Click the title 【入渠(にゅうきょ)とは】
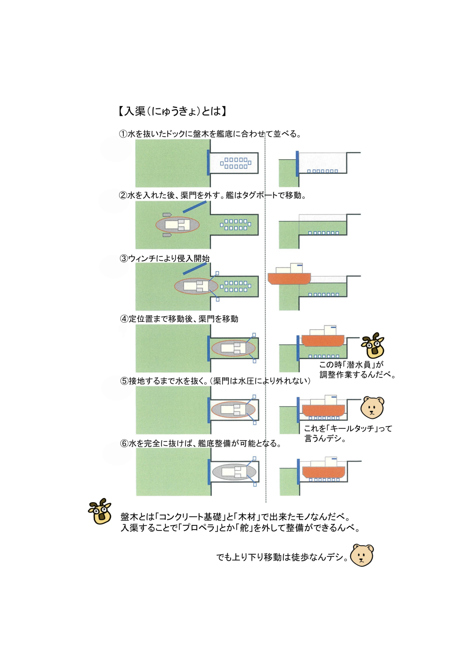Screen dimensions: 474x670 pyautogui.click(x=172, y=111)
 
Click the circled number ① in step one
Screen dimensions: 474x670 pyautogui.click(x=123, y=134)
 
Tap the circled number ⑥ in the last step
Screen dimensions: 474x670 pyautogui.click(x=124, y=443)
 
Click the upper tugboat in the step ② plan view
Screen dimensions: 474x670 pyautogui.click(x=167, y=215)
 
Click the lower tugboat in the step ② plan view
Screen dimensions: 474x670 pyautogui.click(x=167, y=235)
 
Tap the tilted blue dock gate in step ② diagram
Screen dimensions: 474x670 pyautogui.click(x=194, y=207)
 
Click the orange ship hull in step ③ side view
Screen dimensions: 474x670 pyautogui.click(x=289, y=278)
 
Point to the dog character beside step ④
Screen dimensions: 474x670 pyautogui.click(x=373, y=345)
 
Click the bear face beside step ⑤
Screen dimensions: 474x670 pyautogui.click(x=372, y=408)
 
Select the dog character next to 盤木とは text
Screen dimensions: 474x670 pyautogui.click(x=100, y=511)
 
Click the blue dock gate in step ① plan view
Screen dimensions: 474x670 pyautogui.click(x=209, y=163)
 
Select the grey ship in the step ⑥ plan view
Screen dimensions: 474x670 pyautogui.click(x=234, y=472)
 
